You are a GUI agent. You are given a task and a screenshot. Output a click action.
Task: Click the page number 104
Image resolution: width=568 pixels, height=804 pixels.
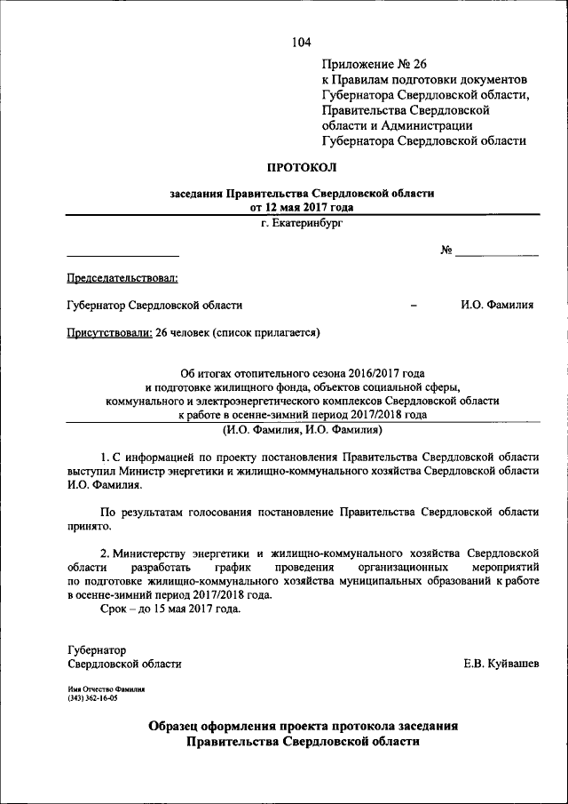[x=301, y=42]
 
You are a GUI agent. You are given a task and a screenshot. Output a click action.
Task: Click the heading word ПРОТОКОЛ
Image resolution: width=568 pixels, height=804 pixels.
[x=302, y=166]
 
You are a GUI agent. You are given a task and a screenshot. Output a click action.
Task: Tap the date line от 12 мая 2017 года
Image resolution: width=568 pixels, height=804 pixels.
[x=302, y=207]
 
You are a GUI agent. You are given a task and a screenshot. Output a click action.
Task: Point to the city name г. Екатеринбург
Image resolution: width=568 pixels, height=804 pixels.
[x=302, y=223]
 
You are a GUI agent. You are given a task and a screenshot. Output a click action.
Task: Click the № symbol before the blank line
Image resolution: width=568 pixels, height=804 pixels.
[x=446, y=251]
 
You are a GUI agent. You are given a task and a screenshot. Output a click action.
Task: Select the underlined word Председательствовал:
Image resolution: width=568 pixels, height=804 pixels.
[x=122, y=278]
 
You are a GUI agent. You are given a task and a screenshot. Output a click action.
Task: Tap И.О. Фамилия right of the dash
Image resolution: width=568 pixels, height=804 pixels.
[x=497, y=305]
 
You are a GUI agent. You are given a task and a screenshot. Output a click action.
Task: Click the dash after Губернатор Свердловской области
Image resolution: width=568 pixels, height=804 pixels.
[x=414, y=305]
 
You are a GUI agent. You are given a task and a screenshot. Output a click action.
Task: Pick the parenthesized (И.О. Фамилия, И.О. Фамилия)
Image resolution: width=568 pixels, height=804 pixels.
[x=302, y=430]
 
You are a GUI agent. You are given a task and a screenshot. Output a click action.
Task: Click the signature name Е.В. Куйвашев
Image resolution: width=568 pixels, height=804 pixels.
[x=500, y=664]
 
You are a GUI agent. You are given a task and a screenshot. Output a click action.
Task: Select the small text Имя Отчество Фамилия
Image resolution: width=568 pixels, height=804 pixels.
[x=106, y=689]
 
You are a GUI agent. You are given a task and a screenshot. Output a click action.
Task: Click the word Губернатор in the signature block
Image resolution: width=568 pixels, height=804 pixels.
[x=97, y=649]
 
